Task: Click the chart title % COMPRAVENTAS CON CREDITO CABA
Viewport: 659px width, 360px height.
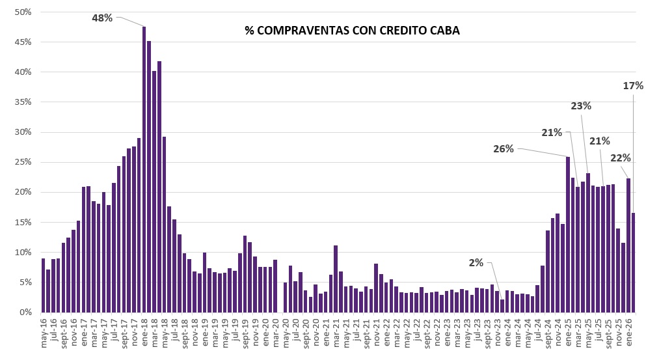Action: (x=352, y=31)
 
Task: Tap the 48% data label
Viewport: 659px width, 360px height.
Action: (x=102, y=18)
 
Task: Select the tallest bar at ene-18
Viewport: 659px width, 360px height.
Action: (x=144, y=169)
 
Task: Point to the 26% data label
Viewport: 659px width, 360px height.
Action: (x=504, y=148)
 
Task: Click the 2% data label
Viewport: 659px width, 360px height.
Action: (x=476, y=262)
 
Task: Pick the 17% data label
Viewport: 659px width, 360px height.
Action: (x=633, y=86)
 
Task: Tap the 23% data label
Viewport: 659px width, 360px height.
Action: (x=581, y=105)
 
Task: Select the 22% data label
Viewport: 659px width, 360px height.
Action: (x=621, y=158)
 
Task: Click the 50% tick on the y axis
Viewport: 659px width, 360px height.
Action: (x=23, y=12)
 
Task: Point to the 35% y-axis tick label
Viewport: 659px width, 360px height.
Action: (x=23, y=102)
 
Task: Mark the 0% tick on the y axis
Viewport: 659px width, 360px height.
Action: (x=26, y=312)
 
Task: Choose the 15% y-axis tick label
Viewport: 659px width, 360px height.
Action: (x=23, y=222)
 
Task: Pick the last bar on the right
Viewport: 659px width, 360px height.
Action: (x=633, y=262)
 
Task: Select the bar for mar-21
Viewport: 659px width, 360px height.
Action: (x=336, y=279)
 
